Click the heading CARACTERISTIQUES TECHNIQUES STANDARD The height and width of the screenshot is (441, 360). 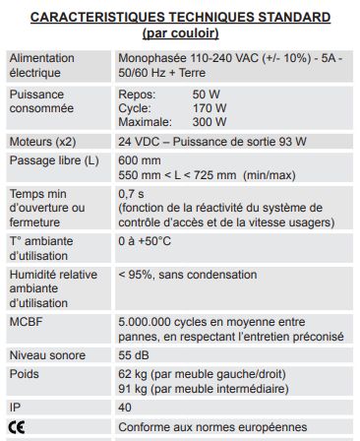pos(179,17)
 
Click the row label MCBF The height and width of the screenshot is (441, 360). pos(25,322)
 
